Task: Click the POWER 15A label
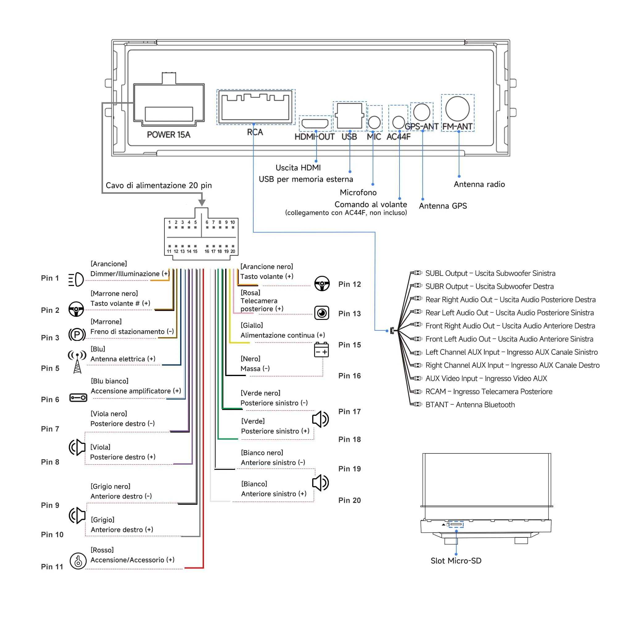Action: pos(169,135)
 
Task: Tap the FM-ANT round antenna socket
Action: pos(457,109)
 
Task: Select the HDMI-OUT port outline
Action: pos(315,123)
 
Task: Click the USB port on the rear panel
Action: pos(350,116)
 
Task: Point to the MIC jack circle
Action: pos(374,122)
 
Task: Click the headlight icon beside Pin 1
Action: pos(76,280)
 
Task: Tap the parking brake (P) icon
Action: pos(77,335)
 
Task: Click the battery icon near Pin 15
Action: pos(321,350)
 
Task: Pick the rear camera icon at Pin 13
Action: pos(321,313)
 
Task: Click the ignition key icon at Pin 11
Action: pos(78,561)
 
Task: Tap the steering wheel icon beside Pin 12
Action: pos(322,284)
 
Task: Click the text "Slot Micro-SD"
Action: pos(456,561)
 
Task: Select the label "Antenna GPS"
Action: pos(443,206)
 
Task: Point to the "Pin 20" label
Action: pos(350,500)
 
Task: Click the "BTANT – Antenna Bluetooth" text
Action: pos(470,405)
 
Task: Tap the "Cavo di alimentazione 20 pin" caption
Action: pos(159,185)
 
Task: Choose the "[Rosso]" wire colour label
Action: pos(102,550)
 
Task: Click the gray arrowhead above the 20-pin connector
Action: pos(202,202)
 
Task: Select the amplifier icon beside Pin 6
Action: pos(78,398)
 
